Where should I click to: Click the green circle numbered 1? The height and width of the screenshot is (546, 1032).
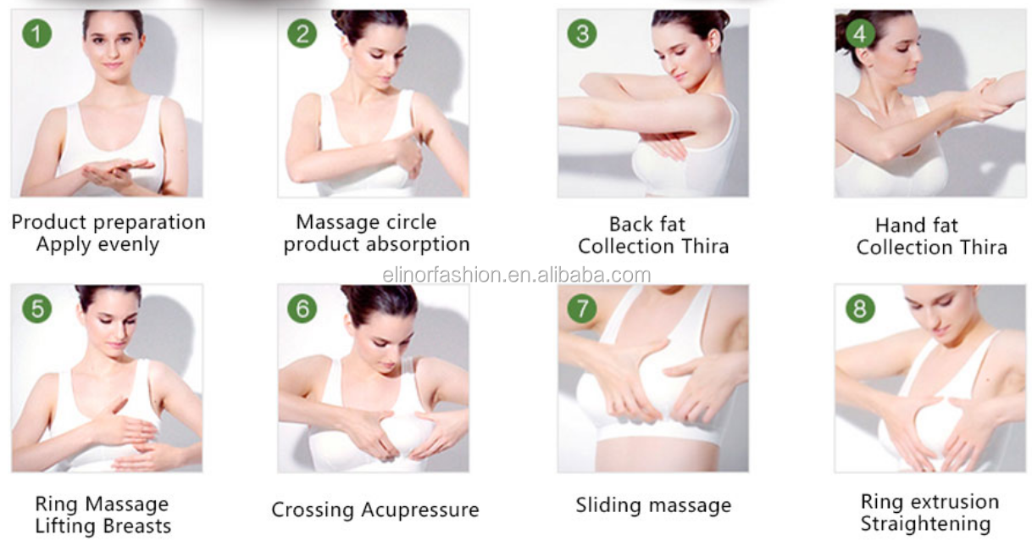(x=37, y=34)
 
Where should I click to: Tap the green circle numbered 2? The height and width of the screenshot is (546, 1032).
(x=302, y=34)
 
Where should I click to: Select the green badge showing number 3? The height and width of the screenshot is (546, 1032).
(x=582, y=34)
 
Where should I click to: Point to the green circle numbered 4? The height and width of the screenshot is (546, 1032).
(x=860, y=34)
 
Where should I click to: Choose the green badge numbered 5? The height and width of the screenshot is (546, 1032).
(x=37, y=309)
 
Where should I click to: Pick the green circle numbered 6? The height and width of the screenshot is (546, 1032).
(x=302, y=309)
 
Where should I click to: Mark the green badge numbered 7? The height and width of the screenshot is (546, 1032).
(x=582, y=309)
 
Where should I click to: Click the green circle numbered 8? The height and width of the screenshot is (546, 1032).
(x=860, y=309)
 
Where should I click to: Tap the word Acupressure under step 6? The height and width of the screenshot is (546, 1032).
(x=419, y=510)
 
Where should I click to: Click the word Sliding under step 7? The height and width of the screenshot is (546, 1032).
(x=608, y=505)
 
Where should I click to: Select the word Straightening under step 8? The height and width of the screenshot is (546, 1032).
(x=925, y=525)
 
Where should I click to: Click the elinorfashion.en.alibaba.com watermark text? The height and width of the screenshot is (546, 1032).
(x=517, y=276)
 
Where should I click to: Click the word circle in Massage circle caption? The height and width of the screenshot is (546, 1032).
(x=412, y=222)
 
